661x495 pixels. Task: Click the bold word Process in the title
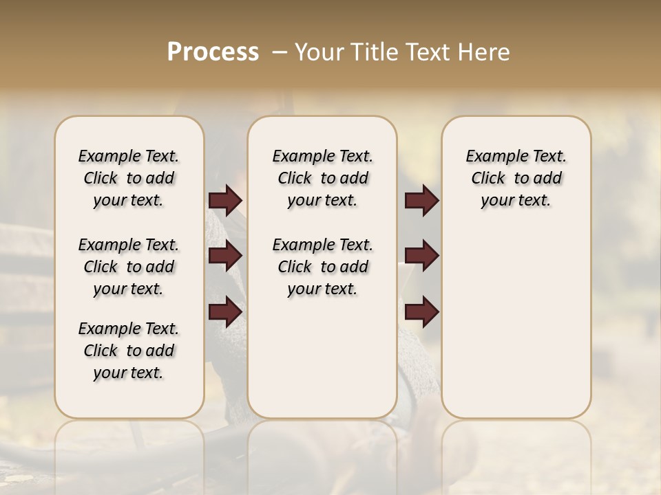[x=213, y=52]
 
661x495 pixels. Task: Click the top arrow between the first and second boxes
[x=225, y=200]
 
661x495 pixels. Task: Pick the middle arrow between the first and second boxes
[x=225, y=256]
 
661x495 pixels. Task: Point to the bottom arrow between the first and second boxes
[x=225, y=311]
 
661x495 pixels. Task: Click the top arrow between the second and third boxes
[x=421, y=200]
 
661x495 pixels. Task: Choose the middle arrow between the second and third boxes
[x=421, y=255]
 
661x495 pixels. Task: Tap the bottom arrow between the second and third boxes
[x=421, y=311]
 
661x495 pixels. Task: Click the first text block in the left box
[x=129, y=178]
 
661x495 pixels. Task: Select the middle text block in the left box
[x=129, y=267]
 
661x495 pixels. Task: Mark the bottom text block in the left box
[x=129, y=351]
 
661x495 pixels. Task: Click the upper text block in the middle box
[x=322, y=178]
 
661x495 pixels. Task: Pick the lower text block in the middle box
[x=322, y=267]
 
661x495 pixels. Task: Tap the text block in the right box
[x=516, y=178]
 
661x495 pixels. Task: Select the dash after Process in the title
[x=280, y=52]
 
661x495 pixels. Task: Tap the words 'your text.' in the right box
[x=516, y=201]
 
